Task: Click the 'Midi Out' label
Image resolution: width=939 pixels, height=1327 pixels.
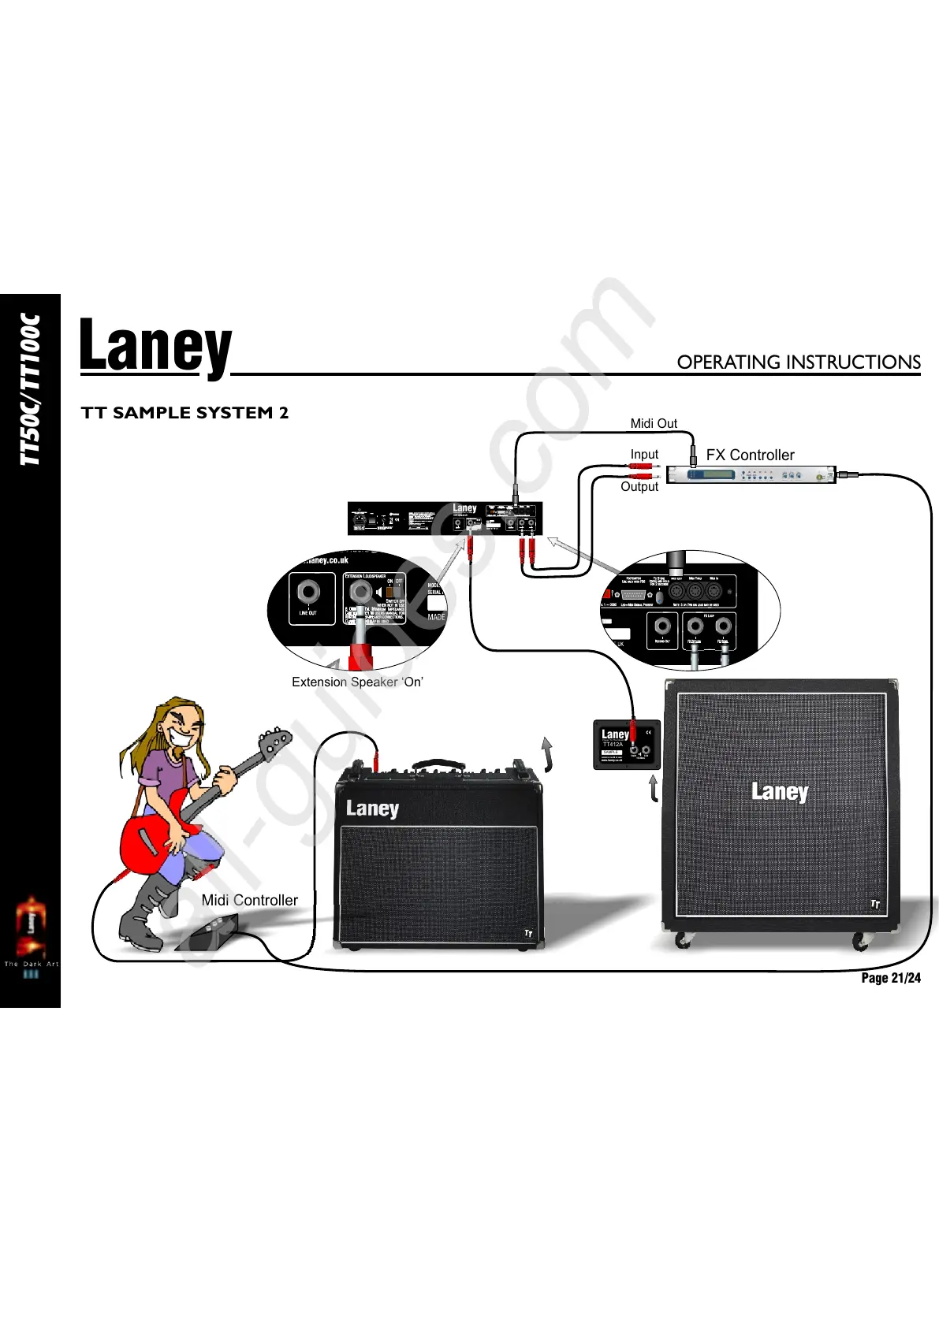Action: click(653, 424)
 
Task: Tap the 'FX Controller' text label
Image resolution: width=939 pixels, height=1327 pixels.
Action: click(750, 455)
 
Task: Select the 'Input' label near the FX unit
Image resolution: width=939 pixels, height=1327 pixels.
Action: click(644, 455)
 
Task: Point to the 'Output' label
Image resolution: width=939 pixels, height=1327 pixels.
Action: click(639, 487)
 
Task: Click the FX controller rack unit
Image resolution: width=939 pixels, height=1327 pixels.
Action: click(750, 475)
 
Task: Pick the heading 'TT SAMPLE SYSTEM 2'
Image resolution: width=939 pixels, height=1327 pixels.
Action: click(185, 413)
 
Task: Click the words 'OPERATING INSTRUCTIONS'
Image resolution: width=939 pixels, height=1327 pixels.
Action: click(798, 362)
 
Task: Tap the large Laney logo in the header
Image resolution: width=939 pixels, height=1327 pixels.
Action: click(155, 348)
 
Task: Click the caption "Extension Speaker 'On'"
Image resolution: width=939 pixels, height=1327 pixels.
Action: click(357, 682)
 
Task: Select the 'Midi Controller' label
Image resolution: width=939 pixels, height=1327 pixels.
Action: click(249, 901)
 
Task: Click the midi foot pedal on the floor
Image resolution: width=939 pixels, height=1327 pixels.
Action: click(207, 933)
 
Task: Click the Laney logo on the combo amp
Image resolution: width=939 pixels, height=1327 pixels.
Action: click(372, 809)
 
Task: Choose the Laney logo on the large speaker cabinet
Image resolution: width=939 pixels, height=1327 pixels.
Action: click(779, 791)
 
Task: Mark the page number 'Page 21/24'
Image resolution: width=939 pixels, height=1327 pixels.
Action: click(890, 979)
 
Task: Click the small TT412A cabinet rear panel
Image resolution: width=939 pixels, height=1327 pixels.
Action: click(626, 745)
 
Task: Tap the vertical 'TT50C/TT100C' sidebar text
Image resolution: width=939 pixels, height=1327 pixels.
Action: click(31, 389)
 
